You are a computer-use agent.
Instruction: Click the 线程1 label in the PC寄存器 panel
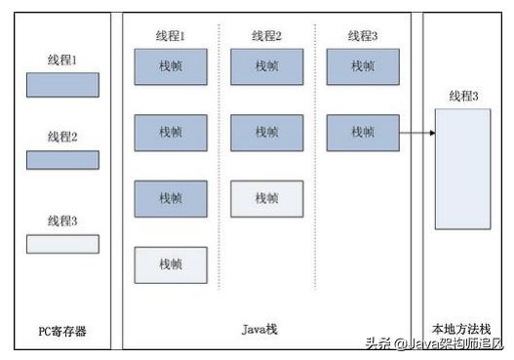61,60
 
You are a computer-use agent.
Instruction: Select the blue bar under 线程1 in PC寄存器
61,85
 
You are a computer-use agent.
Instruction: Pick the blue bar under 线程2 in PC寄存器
61,159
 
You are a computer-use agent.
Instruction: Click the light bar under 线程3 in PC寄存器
61,244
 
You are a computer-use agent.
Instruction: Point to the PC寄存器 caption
61,331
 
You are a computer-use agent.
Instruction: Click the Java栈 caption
259,331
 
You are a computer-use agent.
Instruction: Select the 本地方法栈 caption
462,331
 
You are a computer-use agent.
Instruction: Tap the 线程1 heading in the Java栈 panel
171,36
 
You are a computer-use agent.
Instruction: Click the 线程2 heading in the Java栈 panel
266,36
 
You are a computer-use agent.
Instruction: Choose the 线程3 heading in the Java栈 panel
363,36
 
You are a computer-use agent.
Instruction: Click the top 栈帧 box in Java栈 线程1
171,66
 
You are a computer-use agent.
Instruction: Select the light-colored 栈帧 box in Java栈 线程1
171,264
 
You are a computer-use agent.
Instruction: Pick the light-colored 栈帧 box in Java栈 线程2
266,198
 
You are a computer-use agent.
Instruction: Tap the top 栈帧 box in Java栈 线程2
266,66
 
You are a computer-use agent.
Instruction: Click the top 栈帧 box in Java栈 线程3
363,66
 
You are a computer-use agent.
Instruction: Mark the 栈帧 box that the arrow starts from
363,133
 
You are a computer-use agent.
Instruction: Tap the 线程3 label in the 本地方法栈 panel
462,96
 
